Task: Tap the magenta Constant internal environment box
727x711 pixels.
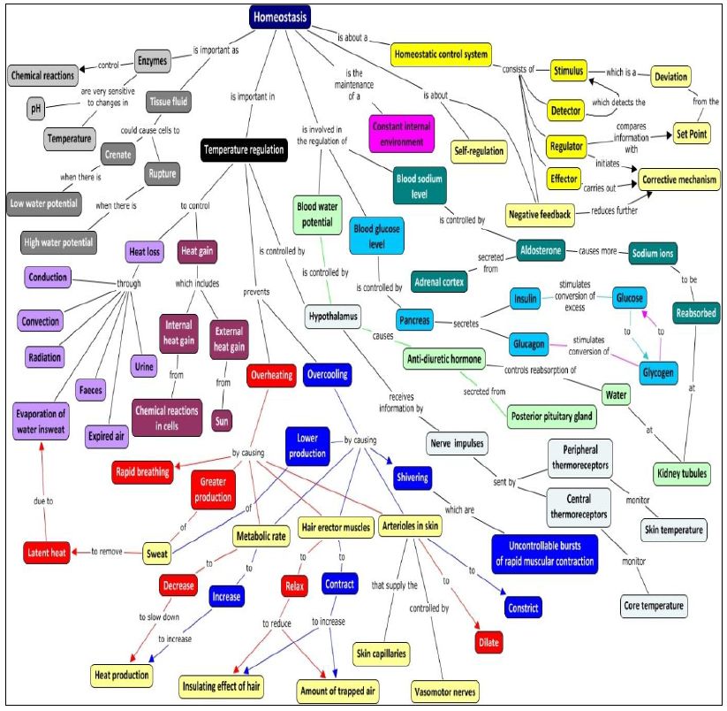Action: (x=402, y=134)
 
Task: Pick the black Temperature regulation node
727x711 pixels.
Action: (x=244, y=149)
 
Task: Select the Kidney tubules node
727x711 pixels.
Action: (x=682, y=474)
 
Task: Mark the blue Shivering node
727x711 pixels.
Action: (x=413, y=478)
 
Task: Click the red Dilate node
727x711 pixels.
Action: (x=493, y=642)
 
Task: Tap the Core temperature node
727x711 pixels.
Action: (x=655, y=606)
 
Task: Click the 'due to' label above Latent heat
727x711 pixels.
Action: (x=43, y=501)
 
